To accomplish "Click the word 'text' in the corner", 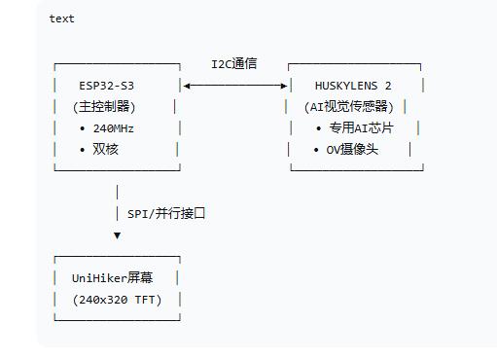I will click(x=61, y=18).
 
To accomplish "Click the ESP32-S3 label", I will click(x=106, y=85).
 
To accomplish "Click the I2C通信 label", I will click(x=234, y=64).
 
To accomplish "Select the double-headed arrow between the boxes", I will click(x=234, y=86).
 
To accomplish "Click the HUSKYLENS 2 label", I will click(x=353, y=86).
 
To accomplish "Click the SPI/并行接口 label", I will click(x=166, y=213).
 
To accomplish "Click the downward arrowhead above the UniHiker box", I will click(x=117, y=235).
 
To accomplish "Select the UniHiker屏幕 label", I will click(x=113, y=277).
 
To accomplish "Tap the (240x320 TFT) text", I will click(x=117, y=300).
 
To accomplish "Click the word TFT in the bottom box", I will click(x=145, y=300).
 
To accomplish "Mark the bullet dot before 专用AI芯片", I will click(x=319, y=128).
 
